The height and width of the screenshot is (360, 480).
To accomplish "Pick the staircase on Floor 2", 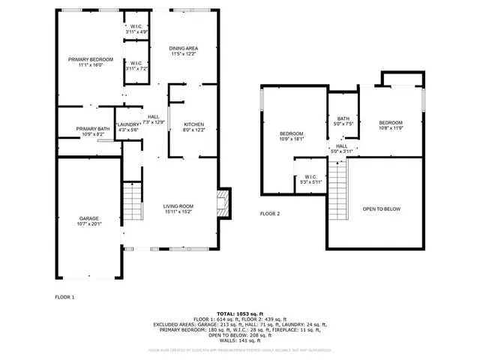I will (340, 192).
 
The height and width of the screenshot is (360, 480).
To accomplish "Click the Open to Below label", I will (382, 208).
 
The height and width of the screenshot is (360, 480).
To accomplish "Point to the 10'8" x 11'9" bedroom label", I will (390, 125).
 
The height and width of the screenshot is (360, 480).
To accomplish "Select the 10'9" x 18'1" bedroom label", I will (291, 136).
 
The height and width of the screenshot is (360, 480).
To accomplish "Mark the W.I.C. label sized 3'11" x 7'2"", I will (136, 65).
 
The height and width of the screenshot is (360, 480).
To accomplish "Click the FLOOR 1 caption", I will (65, 298).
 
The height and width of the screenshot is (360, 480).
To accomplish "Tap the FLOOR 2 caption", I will (269, 214).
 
